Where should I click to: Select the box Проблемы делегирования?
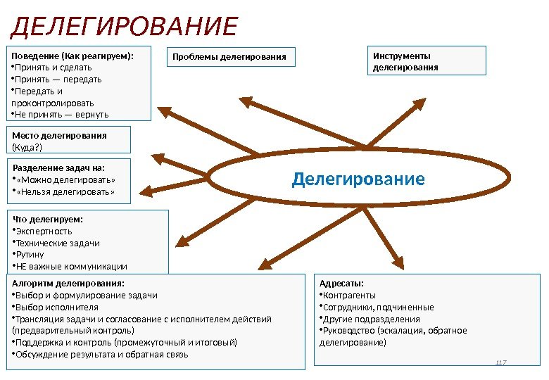231,56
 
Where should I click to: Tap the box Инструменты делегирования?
427,61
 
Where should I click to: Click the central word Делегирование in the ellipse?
358,179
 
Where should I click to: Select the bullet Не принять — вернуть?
61,114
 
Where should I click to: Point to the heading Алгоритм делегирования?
68,284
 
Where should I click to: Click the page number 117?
501,362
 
